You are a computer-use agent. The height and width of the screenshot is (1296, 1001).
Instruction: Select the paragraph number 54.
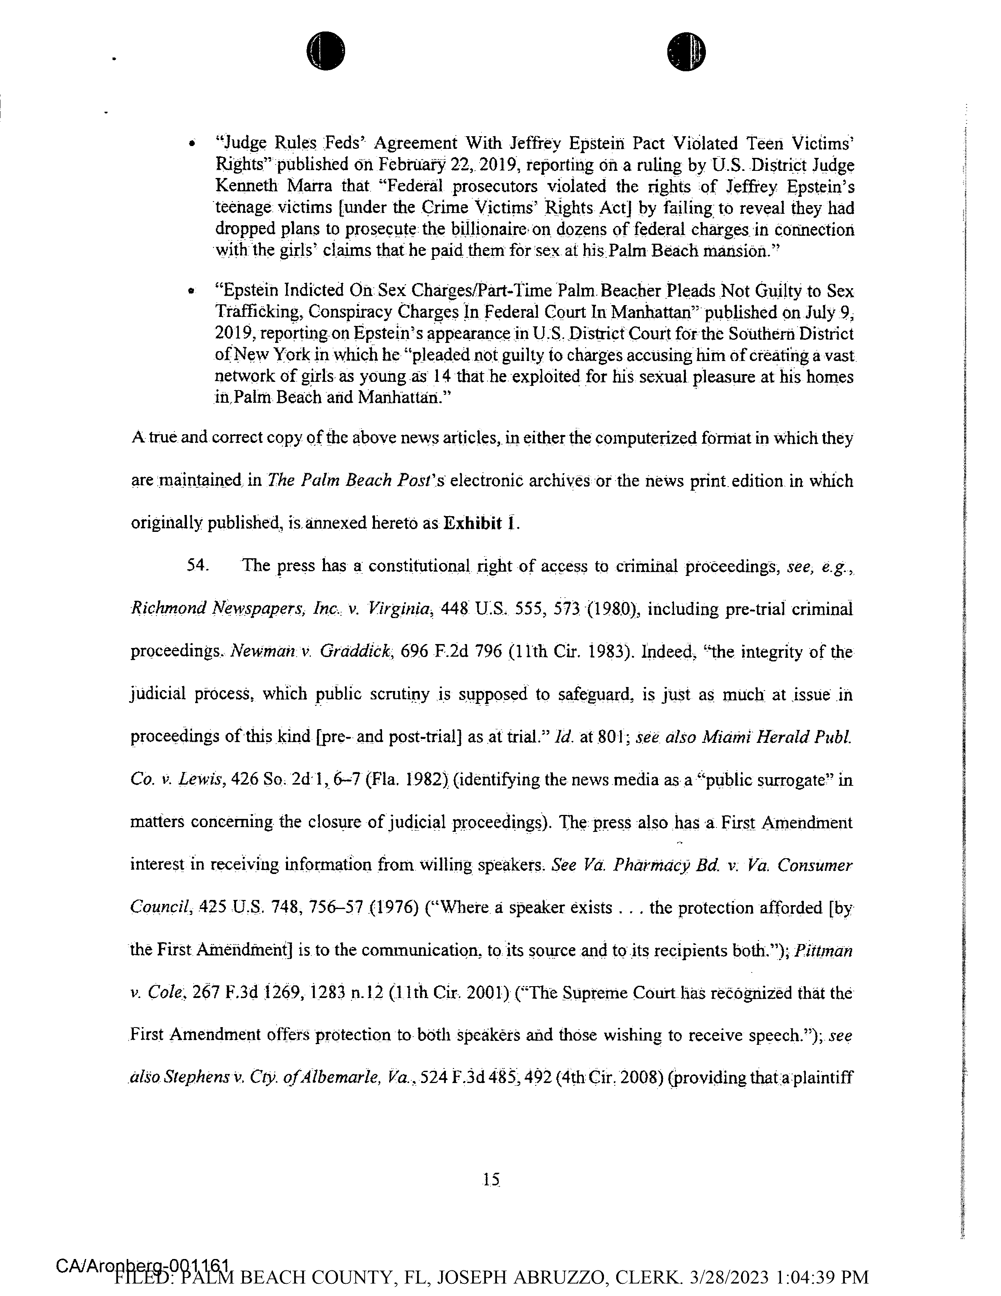(198, 565)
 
